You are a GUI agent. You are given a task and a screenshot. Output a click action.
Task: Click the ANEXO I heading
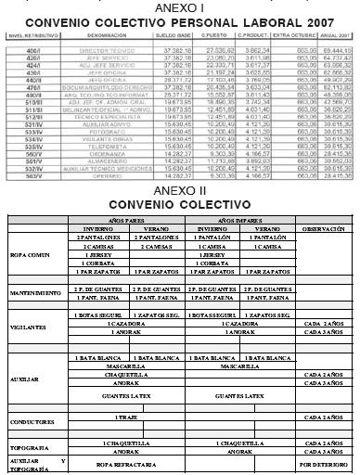pyautogui.click(x=180, y=6)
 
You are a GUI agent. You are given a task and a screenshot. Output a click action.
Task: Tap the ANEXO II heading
pyautogui.click(x=180, y=189)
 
